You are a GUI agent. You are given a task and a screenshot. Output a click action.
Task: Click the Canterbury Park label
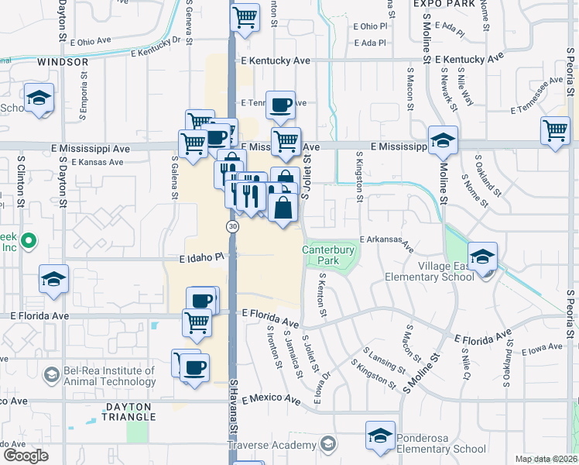point(328,256)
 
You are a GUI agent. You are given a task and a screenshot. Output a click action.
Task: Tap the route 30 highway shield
point(232,226)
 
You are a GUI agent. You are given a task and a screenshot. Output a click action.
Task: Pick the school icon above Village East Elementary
point(482,257)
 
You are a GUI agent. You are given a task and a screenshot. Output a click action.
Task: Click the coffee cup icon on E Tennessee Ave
point(280,104)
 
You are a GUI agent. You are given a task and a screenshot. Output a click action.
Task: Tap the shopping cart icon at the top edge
point(245,16)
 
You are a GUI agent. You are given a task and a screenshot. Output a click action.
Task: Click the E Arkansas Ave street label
point(385,243)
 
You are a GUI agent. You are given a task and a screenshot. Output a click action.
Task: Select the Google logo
point(26,456)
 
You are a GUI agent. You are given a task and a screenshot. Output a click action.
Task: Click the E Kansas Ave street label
point(97,163)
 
